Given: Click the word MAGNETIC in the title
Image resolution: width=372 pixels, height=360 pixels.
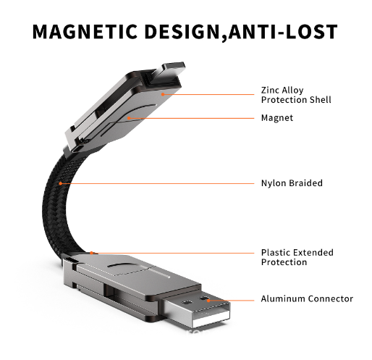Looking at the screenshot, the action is point(85,32).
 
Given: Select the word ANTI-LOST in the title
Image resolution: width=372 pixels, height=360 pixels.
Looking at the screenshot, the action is point(283,32).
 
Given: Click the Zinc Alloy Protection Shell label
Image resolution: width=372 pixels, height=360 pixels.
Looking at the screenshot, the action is point(296,95).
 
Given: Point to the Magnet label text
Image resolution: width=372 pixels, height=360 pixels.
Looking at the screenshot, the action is point(277,118).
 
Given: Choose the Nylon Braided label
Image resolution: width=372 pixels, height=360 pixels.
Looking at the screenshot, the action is point(292,183).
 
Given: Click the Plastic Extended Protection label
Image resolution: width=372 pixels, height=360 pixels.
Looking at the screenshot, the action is point(297,257).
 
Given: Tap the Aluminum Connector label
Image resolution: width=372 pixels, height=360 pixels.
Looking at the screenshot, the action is point(307,298).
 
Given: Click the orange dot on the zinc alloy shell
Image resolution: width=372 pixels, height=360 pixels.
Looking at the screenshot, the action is point(163,94).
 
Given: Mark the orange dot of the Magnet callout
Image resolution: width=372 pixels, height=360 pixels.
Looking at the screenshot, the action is point(129,118).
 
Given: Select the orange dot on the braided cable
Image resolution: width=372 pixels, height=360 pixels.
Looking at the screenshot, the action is point(61,183).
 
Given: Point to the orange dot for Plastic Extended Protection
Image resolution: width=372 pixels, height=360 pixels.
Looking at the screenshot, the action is point(91,253).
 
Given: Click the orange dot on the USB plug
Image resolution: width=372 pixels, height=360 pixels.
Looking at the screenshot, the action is point(208,301).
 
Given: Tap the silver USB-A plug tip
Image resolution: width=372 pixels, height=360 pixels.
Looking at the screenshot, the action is point(196,310).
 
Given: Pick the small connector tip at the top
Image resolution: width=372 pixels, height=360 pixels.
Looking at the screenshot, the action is point(174,67).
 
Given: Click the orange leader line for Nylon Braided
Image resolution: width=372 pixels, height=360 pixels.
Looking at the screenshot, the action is point(157,183).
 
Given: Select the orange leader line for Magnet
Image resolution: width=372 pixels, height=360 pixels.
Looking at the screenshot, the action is point(192,118).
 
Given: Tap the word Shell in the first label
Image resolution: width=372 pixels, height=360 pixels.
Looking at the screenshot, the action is point(321,99).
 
